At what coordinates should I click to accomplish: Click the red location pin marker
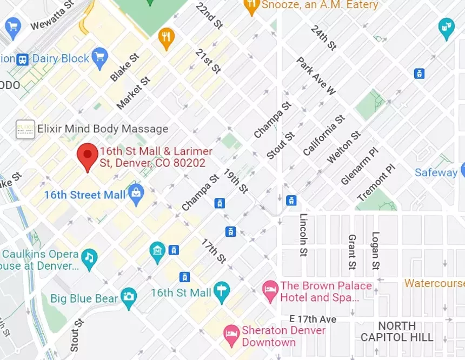(x=87, y=156)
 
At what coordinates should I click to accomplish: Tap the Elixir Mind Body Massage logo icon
(x=25, y=129)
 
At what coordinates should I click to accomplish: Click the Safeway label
(x=436, y=172)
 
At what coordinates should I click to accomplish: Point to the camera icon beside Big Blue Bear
(x=129, y=296)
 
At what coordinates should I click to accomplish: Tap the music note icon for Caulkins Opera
(x=89, y=257)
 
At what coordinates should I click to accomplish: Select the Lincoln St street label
(x=303, y=235)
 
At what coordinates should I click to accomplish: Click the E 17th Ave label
(x=313, y=319)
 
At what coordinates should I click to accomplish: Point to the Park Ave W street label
(x=316, y=75)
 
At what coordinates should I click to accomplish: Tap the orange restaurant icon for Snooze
(x=251, y=6)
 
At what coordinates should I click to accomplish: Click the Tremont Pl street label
(x=377, y=182)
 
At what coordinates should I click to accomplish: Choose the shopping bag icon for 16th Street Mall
(x=136, y=194)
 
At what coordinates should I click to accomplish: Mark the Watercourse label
(x=434, y=283)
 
